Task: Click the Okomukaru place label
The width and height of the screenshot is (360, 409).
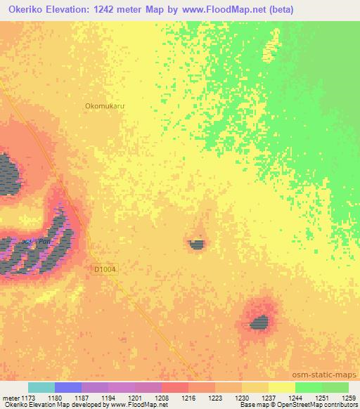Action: pyautogui.click(x=105, y=106)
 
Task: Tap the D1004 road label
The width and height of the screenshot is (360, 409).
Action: pyautogui.click(x=105, y=268)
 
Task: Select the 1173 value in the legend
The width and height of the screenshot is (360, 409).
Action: pyautogui.click(x=28, y=398)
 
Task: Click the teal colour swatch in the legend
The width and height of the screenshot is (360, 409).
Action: pyautogui.click(x=41, y=387)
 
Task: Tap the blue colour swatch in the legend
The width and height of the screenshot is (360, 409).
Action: pyautogui.click(x=68, y=387)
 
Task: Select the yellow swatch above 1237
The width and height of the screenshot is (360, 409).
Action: pyautogui.click(x=255, y=387)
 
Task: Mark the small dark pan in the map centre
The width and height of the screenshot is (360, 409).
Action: pyautogui.click(x=198, y=245)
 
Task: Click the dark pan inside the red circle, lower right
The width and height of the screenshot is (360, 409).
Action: pyautogui.click(x=259, y=323)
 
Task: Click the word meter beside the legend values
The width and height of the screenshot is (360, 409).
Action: pyautogui.click(x=10, y=398)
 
